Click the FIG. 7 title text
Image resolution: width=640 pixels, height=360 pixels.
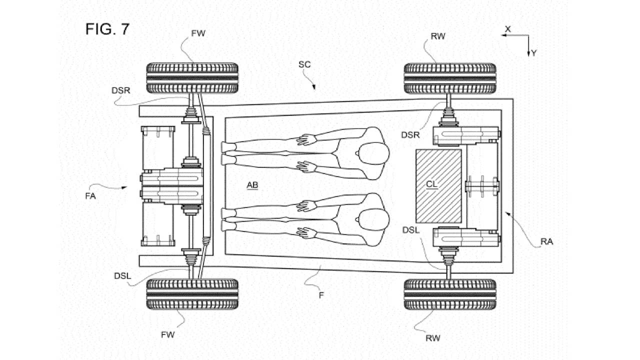coord(107,29)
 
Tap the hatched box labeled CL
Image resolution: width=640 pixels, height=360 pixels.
coord(438,186)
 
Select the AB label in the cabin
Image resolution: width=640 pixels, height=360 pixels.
coord(252,185)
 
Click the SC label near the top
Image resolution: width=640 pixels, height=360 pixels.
coord(304,64)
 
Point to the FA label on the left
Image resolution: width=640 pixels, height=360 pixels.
coord(90,196)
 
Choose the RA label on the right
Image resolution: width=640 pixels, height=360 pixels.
coord(546,242)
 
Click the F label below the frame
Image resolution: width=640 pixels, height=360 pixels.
coord(321,295)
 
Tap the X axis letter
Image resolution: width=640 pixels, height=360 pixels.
coord(507,29)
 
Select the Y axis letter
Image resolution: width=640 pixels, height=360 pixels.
coord(534,53)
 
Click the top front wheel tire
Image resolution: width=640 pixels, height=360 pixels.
coord(192,77)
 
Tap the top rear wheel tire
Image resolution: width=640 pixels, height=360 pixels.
coord(449,77)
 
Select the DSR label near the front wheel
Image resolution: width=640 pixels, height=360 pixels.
coord(121,89)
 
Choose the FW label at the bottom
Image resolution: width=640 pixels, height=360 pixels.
coord(168,334)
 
